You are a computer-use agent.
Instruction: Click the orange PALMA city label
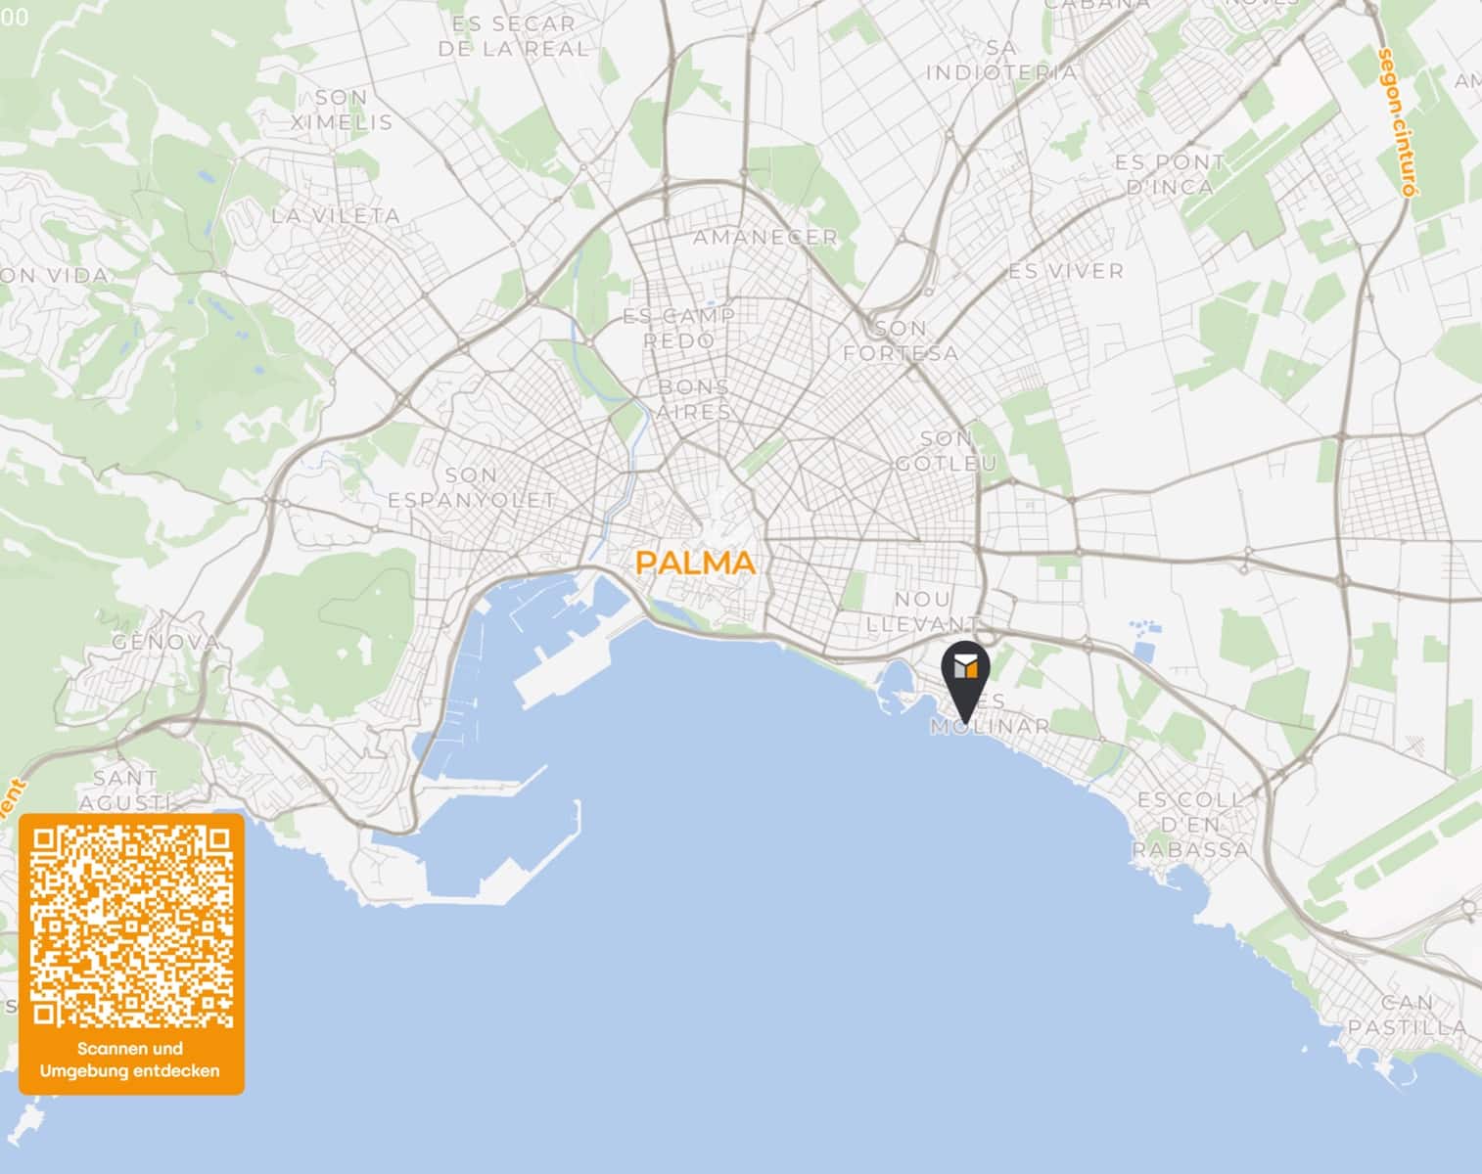coord(695,563)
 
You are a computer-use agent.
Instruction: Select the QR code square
coord(131,926)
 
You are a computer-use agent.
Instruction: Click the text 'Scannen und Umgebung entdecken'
coord(130,1060)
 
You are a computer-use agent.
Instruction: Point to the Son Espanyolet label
coord(471,487)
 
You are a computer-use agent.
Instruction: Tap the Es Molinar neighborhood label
coord(990,715)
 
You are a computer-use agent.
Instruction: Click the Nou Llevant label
coord(922,610)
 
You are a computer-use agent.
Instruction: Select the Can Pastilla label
coord(1408,1015)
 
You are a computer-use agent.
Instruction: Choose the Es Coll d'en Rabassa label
coord(1191,825)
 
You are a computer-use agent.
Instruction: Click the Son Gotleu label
coord(946,451)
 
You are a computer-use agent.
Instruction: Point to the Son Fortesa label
coord(901,340)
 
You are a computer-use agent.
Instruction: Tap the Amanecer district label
coord(765,237)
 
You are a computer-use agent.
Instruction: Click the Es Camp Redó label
coord(679,329)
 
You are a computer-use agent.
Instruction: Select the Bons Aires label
coord(693,399)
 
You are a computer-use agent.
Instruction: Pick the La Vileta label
coord(336,215)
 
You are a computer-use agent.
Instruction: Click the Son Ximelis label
coord(342,110)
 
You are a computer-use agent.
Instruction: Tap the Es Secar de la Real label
coord(513,36)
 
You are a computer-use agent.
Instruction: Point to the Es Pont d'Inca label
coord(1170,174)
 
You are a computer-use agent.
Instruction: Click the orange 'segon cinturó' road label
coord(1397,122)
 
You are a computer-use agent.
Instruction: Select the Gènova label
coord(165,643)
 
